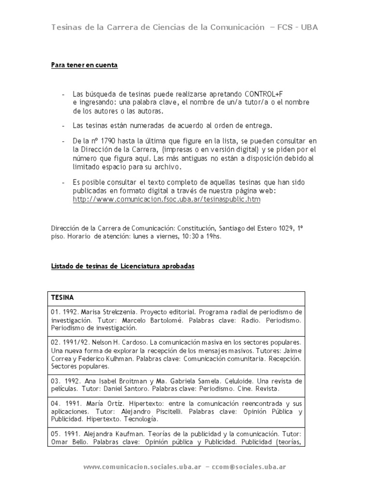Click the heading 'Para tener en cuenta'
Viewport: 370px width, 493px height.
pos(84,65)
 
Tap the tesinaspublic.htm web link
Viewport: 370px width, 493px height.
pos(166,199)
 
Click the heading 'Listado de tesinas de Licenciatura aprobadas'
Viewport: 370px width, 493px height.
pos(123,267)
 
